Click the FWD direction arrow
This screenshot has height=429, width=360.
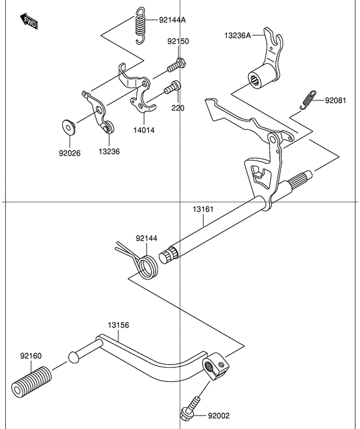[x=29, y=21]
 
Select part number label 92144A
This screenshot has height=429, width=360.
[x=172, y=20]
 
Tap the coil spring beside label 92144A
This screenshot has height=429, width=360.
[x=140, y=25]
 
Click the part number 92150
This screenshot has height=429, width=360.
[x=178, y=41]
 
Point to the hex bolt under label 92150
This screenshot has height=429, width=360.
[x=176, y=65]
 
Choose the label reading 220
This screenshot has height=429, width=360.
[x=178, y=108]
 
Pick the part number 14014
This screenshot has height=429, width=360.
[x=144, y=130]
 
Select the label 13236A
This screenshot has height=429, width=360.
[x=237, y=35]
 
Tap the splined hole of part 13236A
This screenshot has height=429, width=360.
[x=255, y=81]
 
